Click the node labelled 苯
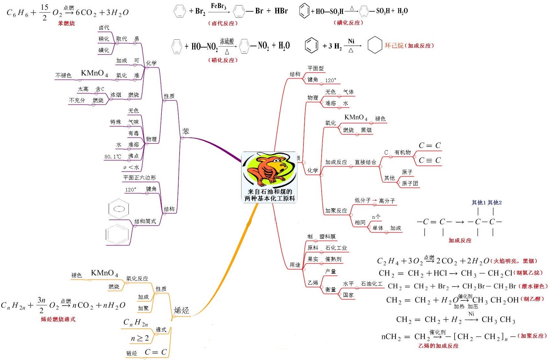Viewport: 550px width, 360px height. [x=186, y=131]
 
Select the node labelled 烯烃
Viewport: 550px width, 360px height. [x=181, y=311]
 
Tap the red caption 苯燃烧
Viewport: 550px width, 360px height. [x=66, y=23]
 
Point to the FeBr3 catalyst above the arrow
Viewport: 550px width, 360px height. [x=218, y=6]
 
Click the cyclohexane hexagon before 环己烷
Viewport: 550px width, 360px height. [x=375, y=45]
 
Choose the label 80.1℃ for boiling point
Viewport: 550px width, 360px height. [x=113, y=157]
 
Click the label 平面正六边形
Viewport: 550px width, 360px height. [x=139, y=178]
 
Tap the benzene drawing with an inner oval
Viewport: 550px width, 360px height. [x=119, y=209]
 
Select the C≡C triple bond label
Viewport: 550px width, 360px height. [x=430, y=160]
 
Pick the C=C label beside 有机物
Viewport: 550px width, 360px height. [x=430, y=146]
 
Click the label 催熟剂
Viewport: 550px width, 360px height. [x=333, y=259]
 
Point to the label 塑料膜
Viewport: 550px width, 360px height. [x=327, y=236]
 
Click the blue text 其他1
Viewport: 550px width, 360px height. [x=478, y=202]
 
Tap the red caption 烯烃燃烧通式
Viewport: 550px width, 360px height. [x=58, y=319]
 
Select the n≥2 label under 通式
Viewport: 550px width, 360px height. [x=140, y=338]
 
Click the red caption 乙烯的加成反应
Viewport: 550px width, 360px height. [x=438, y=346]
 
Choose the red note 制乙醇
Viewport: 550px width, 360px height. [x=532, y=299]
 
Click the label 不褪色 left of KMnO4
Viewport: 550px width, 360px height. [x=63, y=75]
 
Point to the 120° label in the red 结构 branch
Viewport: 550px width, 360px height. [x=331, y=80]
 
